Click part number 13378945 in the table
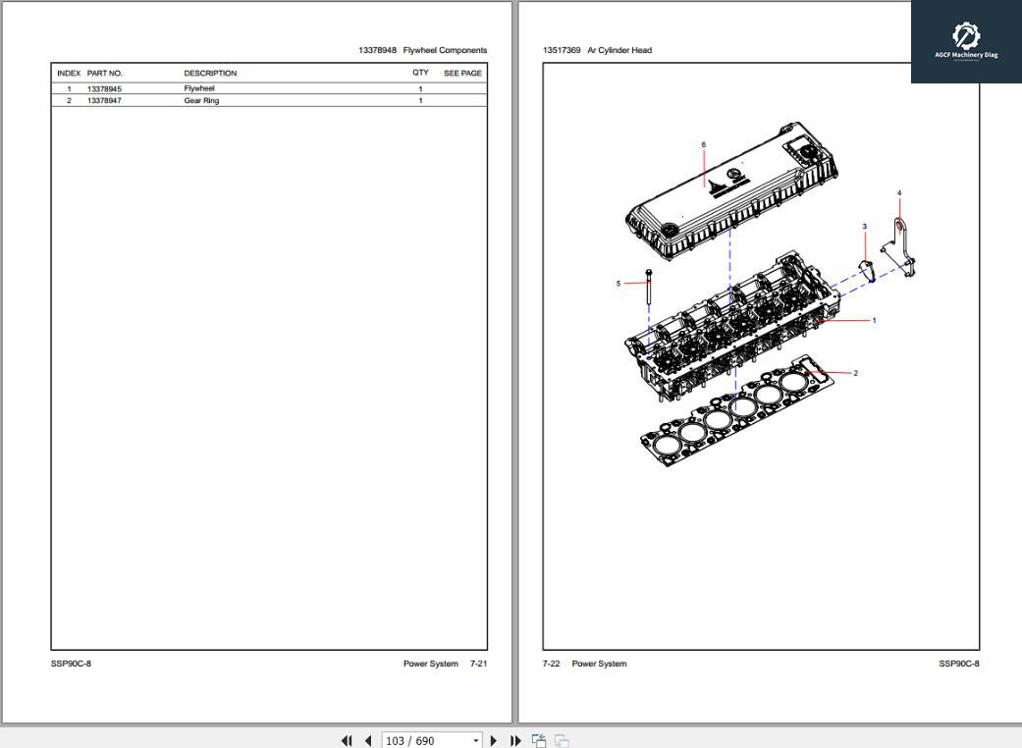tap(104, 89)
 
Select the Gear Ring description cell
tap(201, 101)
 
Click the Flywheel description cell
tap(198, 89)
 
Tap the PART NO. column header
tap(104, 74)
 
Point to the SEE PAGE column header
tap(462, 74)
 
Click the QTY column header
tap(420, 74)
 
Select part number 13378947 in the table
tap(104, 101)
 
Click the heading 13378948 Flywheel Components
tap(422, 50)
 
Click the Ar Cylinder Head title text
tap(619, 50)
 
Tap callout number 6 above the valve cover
tap(703, 145)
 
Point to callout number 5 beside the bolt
tap(619, 284)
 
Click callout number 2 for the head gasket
tap(855, 373)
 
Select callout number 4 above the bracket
tap(898, 193)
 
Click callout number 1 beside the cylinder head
tap(874, 321)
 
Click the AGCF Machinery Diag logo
tap(966, 41)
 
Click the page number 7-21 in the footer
tap(478, 664)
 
